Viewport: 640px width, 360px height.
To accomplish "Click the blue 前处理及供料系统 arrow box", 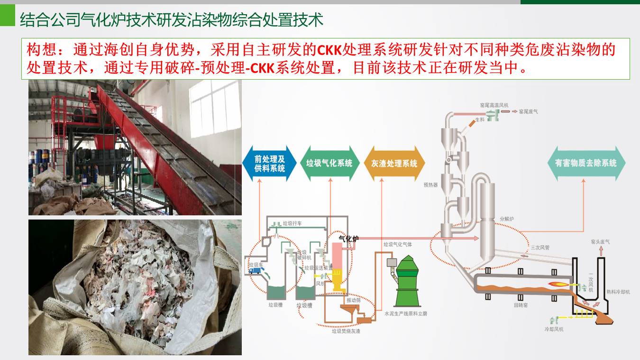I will point(269,163).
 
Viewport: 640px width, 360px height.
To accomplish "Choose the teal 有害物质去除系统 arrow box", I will point(586,163).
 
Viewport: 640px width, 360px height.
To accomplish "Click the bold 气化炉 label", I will point(348,239).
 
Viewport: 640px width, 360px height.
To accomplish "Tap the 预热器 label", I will point(430,185).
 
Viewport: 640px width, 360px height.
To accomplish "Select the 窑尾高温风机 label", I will point(493,104).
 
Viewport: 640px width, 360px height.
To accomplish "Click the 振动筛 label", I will point(353,300).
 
